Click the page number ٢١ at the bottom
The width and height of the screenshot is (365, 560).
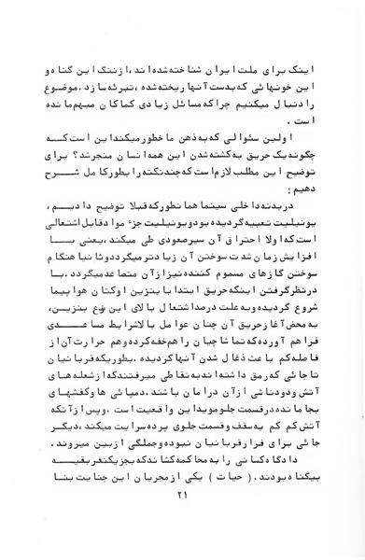pos(183,503)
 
